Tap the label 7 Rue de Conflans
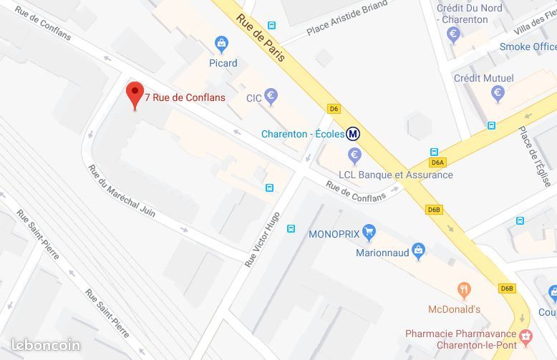(x=185, y=97)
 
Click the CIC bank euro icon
(x=271, y=96)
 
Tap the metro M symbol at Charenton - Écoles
(x=353, y=134)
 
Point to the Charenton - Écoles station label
(x=301, y=134)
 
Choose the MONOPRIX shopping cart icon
(x=369, y=232)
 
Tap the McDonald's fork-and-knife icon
(x=465, y=291)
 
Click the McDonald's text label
(x=453, y=309)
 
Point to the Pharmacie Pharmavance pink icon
(x=526, y=334)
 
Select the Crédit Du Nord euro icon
(x=452, y=34)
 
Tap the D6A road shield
(x=438, y=162)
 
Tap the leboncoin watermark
(x=45, y=345)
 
